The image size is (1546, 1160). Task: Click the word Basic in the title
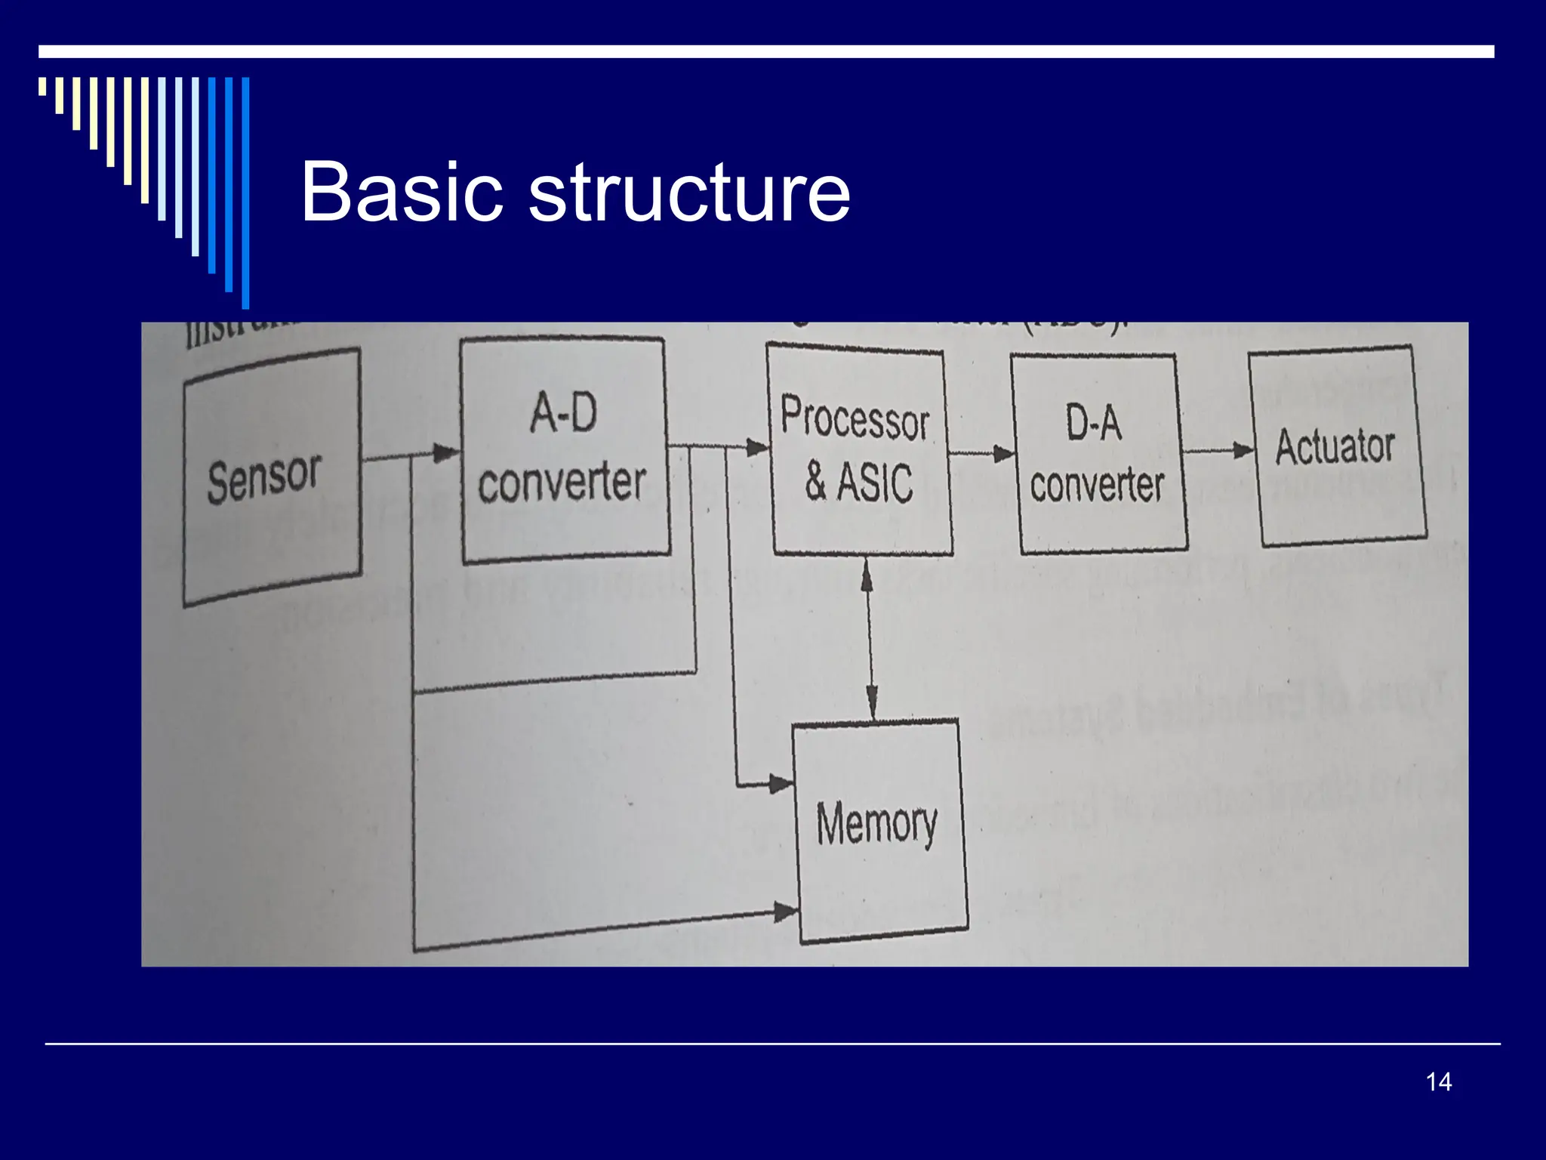(x=402, y=193)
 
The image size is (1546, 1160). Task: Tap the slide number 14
(x=1438, y=1081)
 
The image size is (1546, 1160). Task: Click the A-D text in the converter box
(x=563, y=414)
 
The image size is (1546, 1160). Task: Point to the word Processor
(x=855, y=418)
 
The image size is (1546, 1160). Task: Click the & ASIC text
(x=859, y=481)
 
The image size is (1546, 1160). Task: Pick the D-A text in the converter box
(x=1093, y=422)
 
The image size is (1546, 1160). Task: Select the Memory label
(x=876, y=823)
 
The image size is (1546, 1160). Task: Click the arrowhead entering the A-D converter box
(x=446, y=453)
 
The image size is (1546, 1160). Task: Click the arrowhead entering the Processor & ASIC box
(x=756, y=447)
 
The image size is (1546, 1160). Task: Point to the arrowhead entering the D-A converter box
(x=1003, y=454)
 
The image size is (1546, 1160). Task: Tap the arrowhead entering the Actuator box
(x=1243, y=450)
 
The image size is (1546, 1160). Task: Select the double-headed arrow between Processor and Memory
(x=870, y=638)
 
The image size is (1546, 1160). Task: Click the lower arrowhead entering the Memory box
(x=785, y=912)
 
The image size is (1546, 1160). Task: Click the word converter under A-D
(x=562, y=483)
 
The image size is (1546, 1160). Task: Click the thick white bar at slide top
(x=766, y=51)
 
